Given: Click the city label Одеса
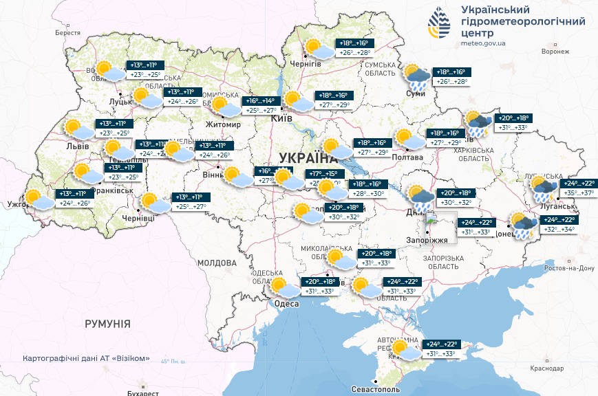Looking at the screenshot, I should (x=286, y=304).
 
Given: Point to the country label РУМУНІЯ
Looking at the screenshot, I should (x=107, y=322).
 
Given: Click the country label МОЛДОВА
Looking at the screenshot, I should (x=217, y=263).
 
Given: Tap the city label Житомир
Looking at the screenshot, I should (x=223, y=124).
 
